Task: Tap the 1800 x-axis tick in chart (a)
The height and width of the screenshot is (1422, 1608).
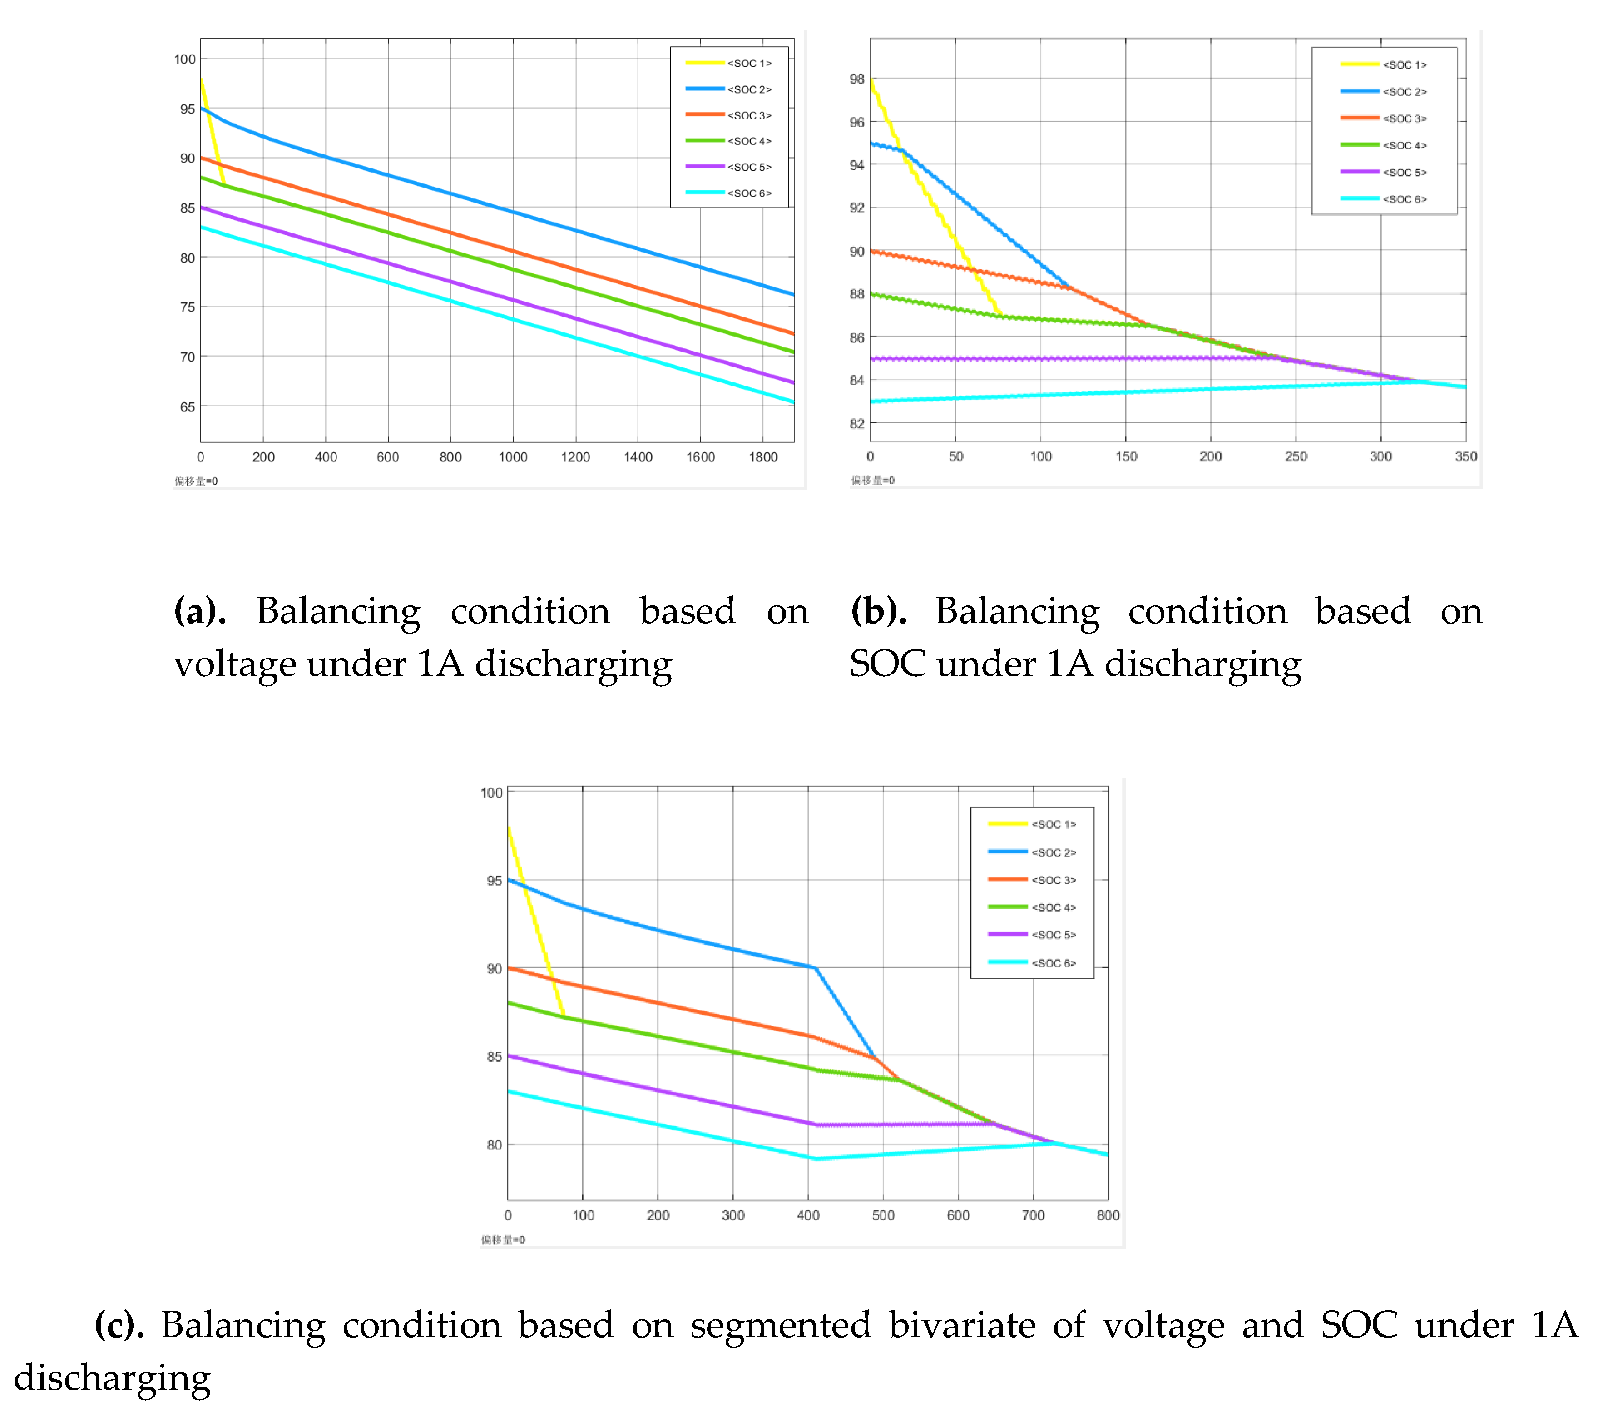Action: pos(762,457)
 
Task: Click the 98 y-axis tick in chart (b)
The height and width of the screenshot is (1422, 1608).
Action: pos(857,79)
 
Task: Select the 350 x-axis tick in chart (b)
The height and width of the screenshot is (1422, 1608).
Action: pos(1465,456)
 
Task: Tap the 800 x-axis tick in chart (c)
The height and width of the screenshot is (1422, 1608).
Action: pos(1108,1215)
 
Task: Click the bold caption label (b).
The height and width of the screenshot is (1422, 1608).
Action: pos(878,611)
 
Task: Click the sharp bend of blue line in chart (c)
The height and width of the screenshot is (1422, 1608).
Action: pos(815,968)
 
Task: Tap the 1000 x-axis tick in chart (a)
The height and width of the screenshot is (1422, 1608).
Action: pos(513,457)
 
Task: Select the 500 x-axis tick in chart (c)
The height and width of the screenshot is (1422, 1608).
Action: pos(883,1215)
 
